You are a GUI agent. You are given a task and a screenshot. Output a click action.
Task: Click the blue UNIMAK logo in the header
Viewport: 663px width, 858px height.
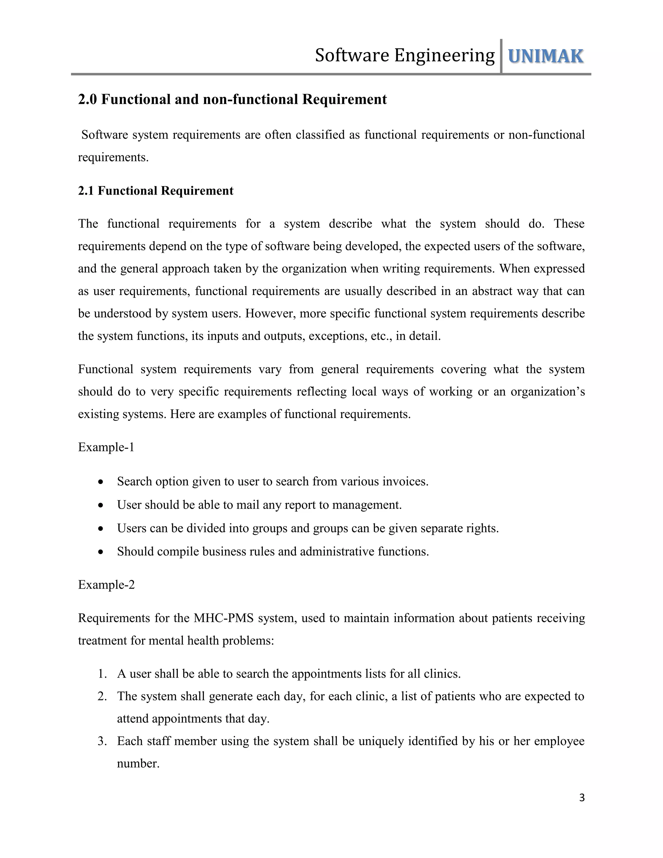[545, 56]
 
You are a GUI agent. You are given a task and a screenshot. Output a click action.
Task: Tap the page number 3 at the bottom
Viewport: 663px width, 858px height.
[582, 797]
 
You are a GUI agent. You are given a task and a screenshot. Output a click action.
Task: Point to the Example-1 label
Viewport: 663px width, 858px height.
[106, 447]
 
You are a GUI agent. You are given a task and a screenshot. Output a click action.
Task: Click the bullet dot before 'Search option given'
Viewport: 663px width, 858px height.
[101, 482]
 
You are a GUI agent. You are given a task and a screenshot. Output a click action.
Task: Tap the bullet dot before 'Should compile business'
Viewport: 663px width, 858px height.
[101, 552]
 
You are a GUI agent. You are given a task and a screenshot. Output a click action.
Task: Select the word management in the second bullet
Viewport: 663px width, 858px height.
[366, 505]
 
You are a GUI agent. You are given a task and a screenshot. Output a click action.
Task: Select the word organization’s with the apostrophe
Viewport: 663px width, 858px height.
[547, 392]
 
